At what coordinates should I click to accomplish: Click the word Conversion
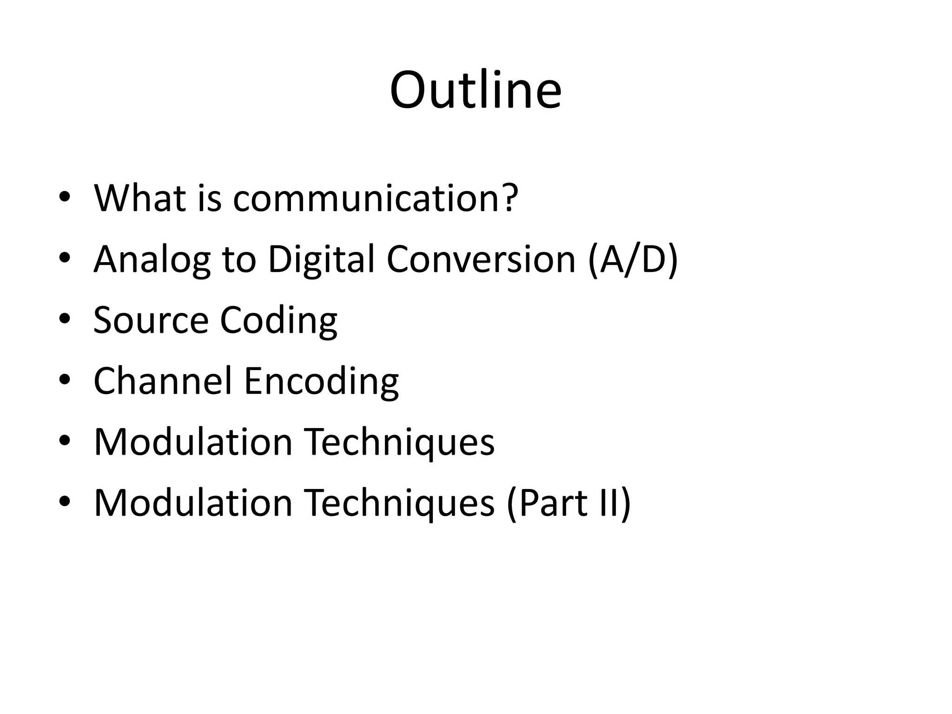(481, 259)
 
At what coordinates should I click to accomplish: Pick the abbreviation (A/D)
(633, 259)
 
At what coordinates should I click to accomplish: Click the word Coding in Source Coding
(278, 321)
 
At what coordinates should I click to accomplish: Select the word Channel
(163, 381)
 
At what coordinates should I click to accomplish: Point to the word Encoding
(321, 382)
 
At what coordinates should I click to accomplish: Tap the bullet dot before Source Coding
(65, 319)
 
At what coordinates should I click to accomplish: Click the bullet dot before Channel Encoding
(65, 380)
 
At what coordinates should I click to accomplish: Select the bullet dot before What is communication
(65, 197)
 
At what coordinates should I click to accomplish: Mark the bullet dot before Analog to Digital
(65, 258)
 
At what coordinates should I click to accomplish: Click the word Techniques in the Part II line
(399, 502)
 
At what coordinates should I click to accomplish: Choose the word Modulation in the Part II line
(193, 502)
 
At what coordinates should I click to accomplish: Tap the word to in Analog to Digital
(239, 259)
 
